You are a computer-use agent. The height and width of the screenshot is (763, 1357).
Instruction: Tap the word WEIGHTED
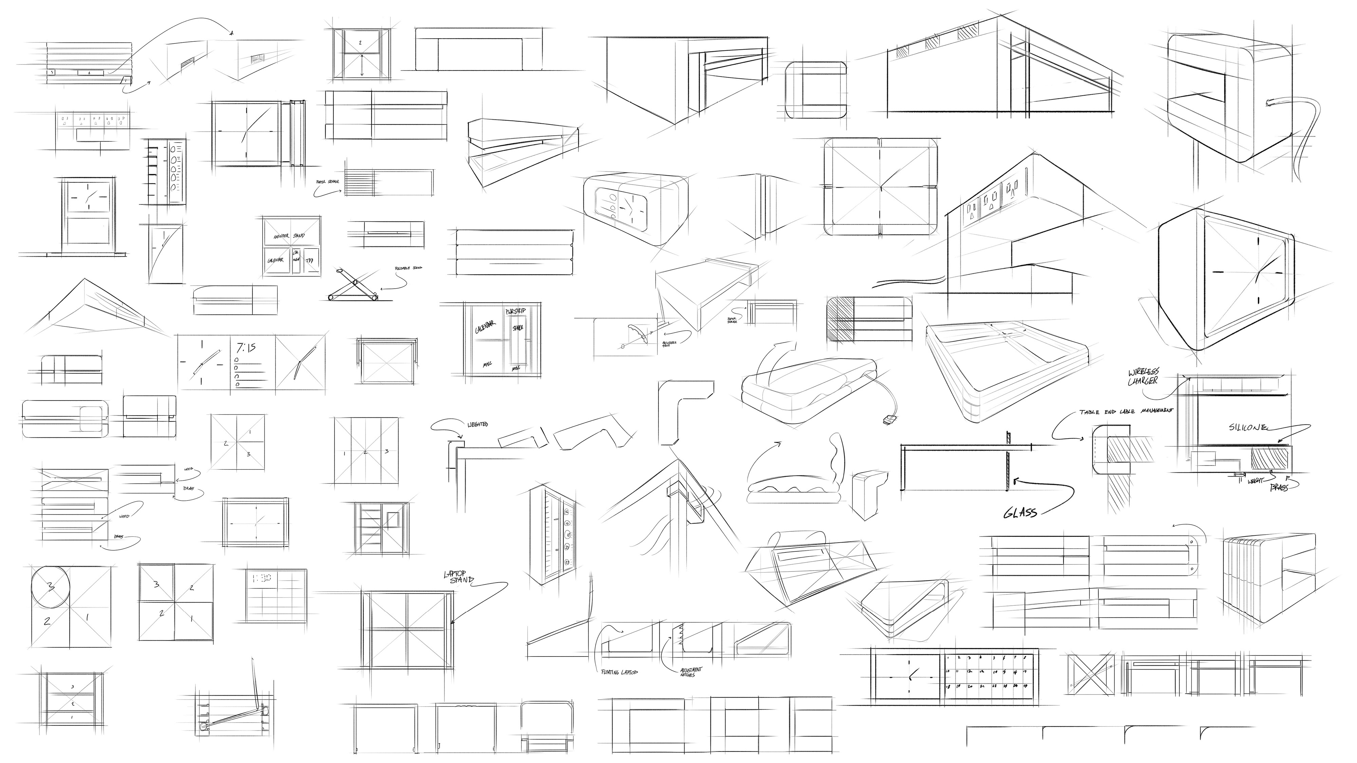tap(478, 425)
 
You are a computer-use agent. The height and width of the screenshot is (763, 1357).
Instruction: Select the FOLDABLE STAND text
tap(408, 268)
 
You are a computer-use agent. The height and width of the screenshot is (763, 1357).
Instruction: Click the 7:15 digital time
tap(246, 348)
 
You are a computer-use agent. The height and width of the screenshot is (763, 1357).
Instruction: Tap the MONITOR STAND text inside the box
tap(289, 236)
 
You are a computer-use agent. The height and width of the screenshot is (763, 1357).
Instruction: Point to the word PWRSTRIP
tap(515, 311)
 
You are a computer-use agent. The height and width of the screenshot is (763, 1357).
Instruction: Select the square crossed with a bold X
tap(1091, 674)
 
